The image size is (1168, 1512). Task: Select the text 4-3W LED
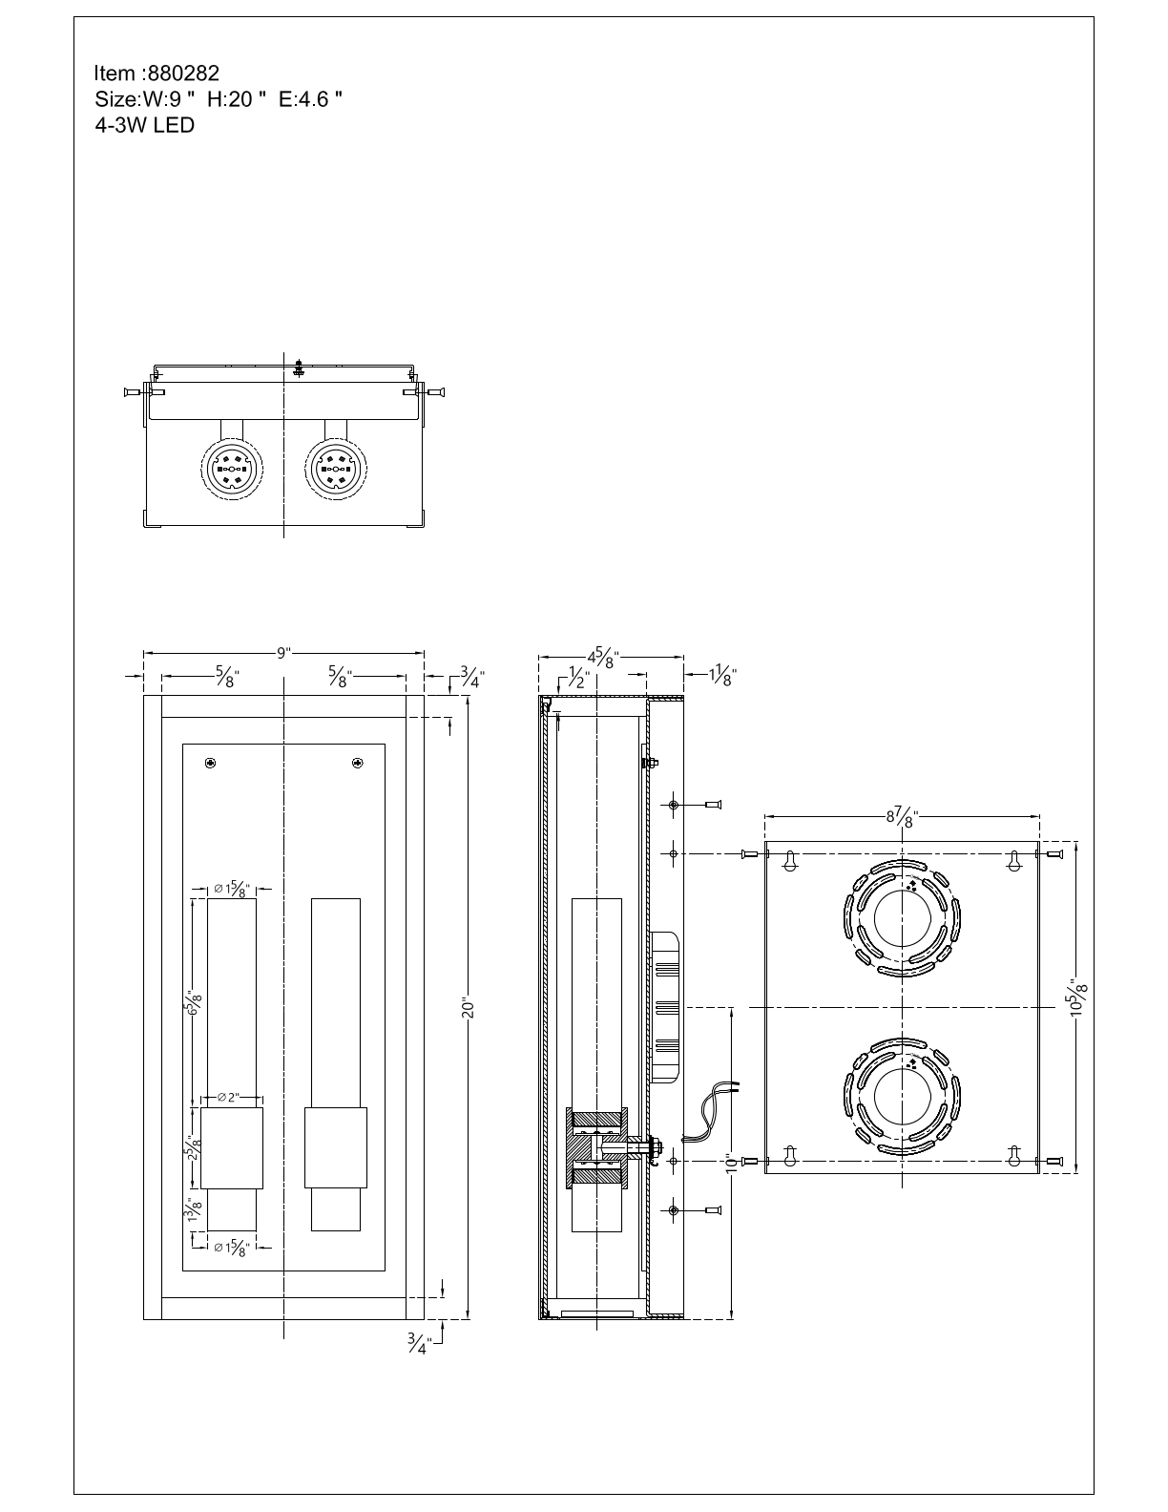pyautogui.click(x=144, y=125)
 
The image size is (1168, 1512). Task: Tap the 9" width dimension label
pyautogui.click(x=283, y=654)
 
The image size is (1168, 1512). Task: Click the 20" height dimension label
pyautogui.click(x=467, y=1008)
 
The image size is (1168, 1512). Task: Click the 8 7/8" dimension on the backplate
pyautogui.click(x=901, y=816)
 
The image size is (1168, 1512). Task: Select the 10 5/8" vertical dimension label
pyautogui.click(x=1078, y=998)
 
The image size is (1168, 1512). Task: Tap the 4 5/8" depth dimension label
pyautogui.click(x=603, y=657)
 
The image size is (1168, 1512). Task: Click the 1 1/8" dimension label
pyautogui.click(x=722, y=676)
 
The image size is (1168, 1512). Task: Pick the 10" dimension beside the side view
pyautogui.click(x=731, y=1165)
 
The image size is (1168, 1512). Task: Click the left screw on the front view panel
pyautogui.click(x=210, y=763)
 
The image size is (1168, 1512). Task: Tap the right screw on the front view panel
pyautogui.click(x=357, y=763)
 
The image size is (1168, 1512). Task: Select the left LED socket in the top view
pyautogui.click(x=231, y=470)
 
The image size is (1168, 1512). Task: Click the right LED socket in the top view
pyautogui.click(x=335, y=470)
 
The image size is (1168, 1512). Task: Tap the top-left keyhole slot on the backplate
pyautogui.click(x=789, y=862)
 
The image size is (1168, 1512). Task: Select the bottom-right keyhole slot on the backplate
pyautogui.click(x=1014, y=1156)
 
